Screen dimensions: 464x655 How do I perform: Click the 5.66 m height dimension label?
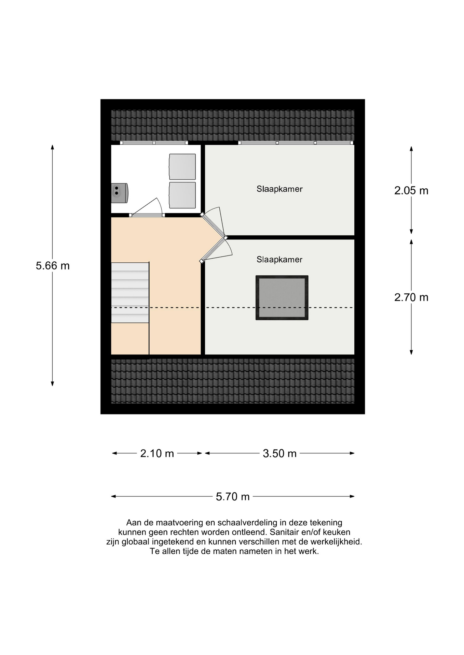coord(53,265)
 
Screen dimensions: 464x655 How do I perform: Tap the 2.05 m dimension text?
coord(411,190)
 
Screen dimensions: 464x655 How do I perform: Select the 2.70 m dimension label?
coord(411,297)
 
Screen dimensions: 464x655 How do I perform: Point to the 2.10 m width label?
coord(157,453)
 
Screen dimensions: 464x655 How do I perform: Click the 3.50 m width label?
coord(279,453)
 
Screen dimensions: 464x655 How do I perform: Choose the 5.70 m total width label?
coord(233,496)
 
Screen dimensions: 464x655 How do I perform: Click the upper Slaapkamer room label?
coord(279,189)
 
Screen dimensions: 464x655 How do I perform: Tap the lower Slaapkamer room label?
coord(279,260)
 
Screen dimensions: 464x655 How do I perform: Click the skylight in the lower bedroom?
coord(282,297)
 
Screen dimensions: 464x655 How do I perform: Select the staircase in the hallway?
coord(130,292)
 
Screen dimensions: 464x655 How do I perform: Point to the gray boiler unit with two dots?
coord(120,193)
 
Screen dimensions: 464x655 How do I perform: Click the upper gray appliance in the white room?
coord(182,166)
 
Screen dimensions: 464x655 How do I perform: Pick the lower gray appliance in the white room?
coord(182,195)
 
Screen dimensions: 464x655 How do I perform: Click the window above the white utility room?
coord(154,143)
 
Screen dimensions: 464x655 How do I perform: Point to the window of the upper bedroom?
coord(296,143)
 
